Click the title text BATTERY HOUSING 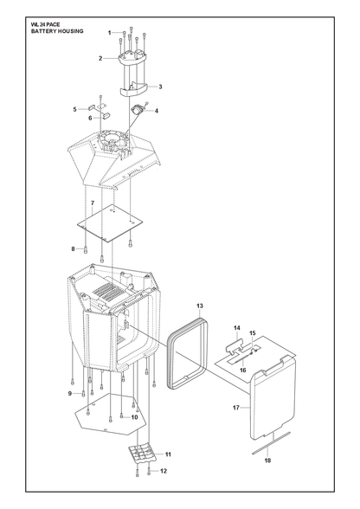57,31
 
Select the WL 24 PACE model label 46,24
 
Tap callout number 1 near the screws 110,33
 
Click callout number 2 100,59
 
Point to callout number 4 157,111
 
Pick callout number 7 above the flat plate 93,203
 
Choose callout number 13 200,306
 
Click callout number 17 236,408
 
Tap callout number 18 267,461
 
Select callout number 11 168,454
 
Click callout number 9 70,393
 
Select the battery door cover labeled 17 273,397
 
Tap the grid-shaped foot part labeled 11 142,453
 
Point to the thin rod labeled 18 271,443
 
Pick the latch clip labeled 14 235,345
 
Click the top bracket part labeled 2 132,58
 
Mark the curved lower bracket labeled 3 134,89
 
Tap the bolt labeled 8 86,249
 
